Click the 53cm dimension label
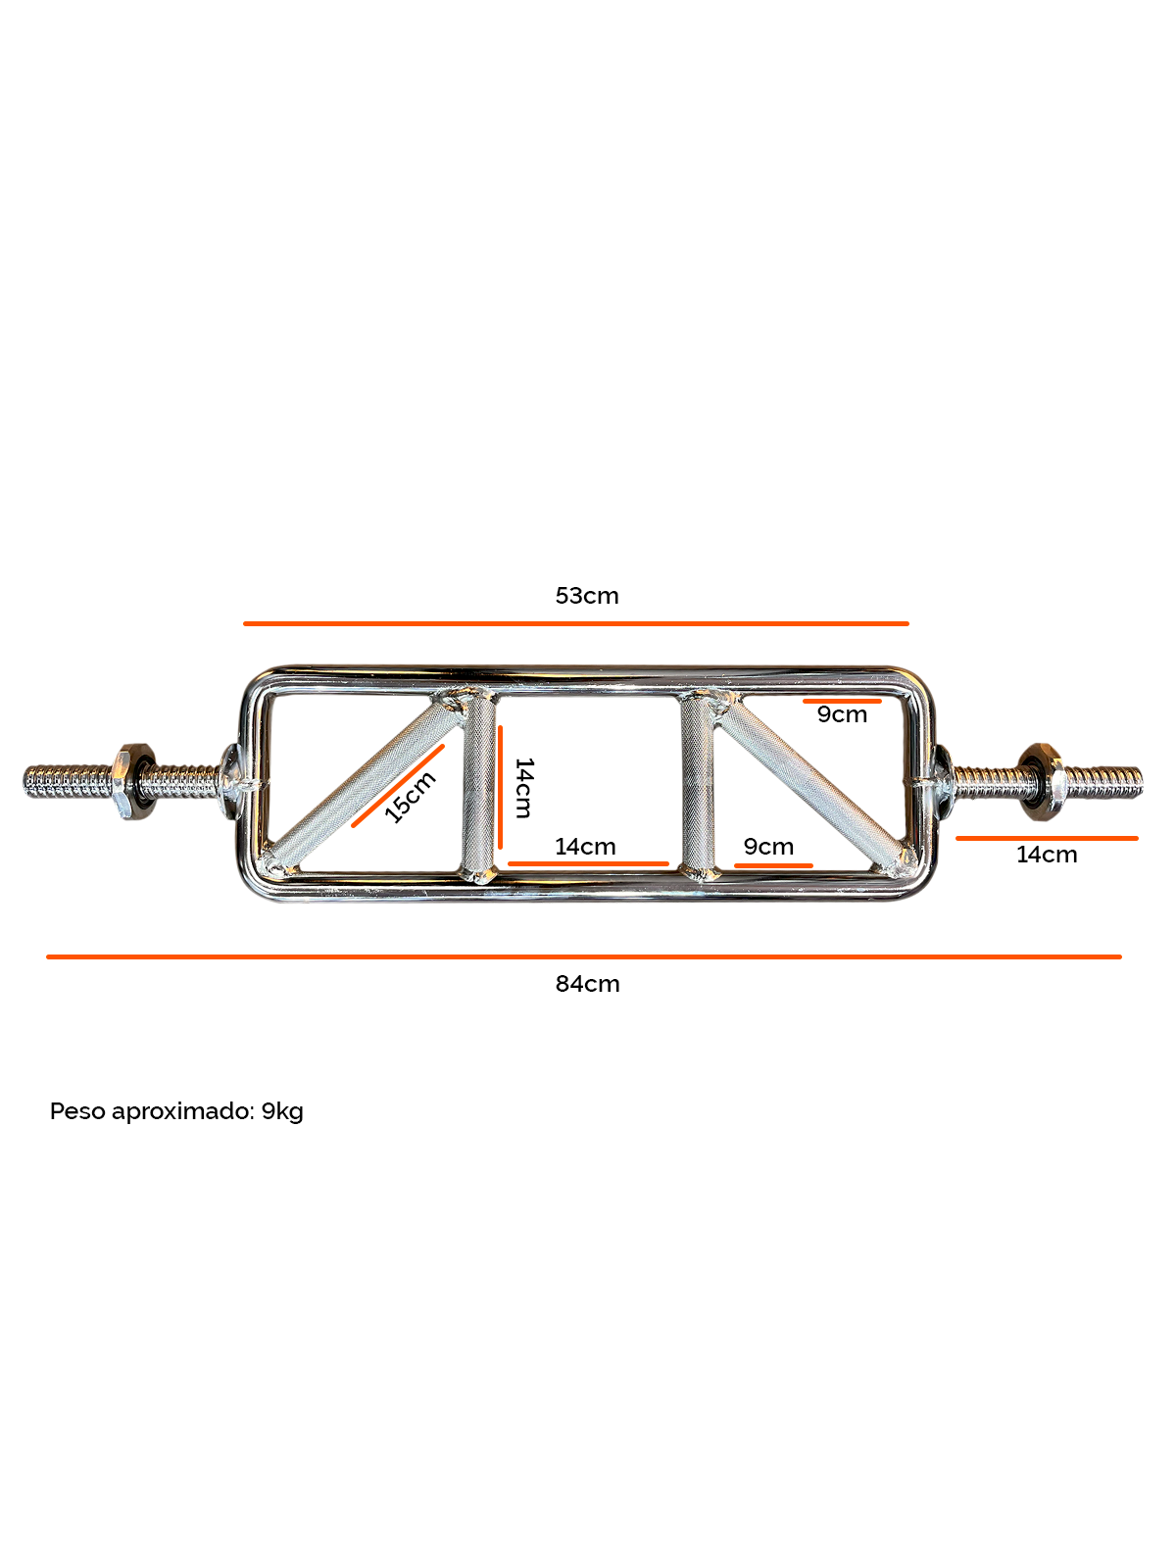pyautogui.click(x=587, y=596)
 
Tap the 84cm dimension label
pyautogui.click(x=587, y=984)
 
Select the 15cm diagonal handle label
pyautogui.click(x=411, y=797)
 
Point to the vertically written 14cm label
pyautogui.click(x=524, y=787)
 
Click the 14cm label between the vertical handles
pyautogui.click(x=585, y=847)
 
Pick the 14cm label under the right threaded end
pyautogui.click(x=1047, y=855)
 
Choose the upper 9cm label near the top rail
pyautogui.click(x=843, y=714)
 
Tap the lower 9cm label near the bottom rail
pyautogui.click(x=768, y=847)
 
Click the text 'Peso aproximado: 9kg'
pyautogui.click(x=176, y=1111)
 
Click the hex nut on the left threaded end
pyautogui.click(x=132, y=781)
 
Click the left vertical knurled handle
pyautogui.click(x=479, y=785)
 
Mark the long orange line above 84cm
pyautogui.click(x=584, y=956)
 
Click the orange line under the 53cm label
pyautogui.click(x=576, y=623)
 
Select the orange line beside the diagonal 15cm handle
pyautogui.click(x=398, y=786)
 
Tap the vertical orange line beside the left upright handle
pyautogui.click(x=500, y=787)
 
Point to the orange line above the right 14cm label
pyautogui.click(x=1048, y=838)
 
